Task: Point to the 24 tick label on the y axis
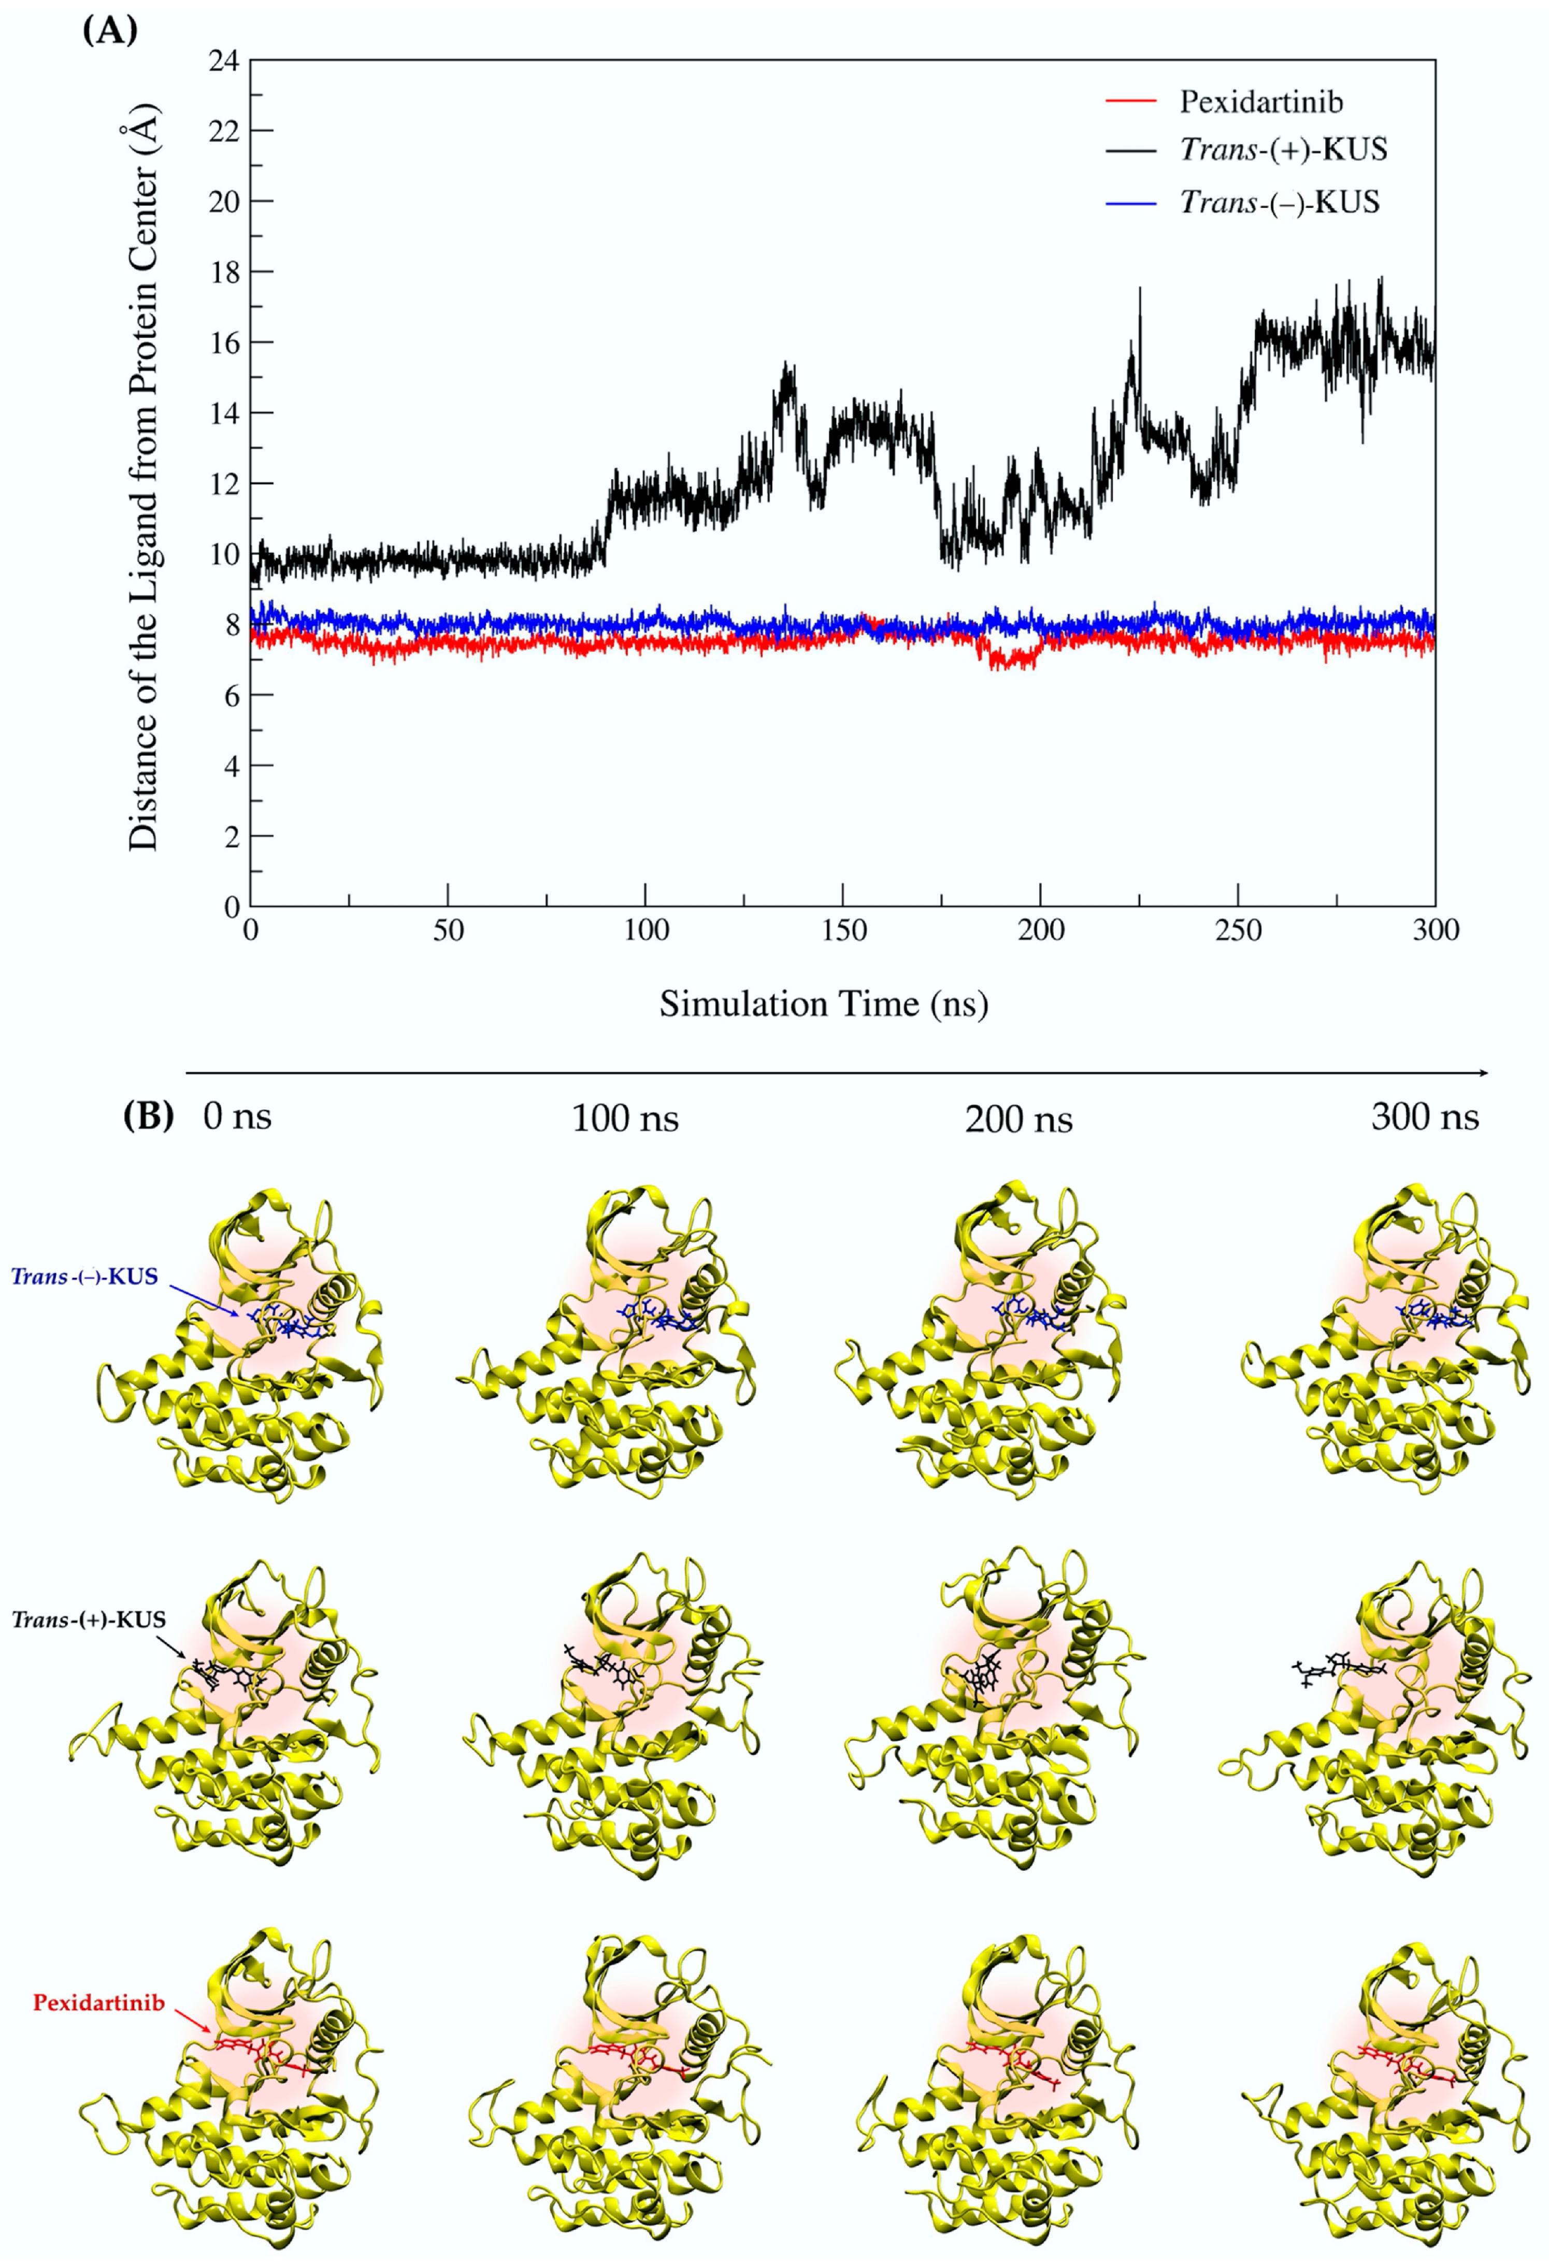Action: (x=223, y=60)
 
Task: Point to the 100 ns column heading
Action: (x=625, y=1119)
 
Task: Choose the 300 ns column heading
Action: (x=1425, y=1117)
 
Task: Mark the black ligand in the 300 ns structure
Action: (x=1338, y=1670)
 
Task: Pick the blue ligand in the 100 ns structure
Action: (x=659, y=1318)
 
